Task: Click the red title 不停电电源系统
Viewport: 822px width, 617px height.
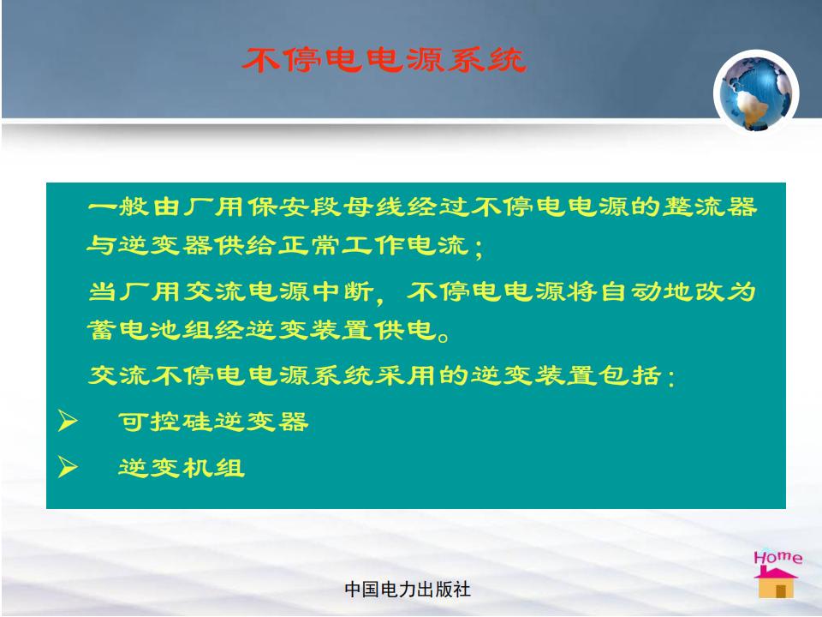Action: point(384,59)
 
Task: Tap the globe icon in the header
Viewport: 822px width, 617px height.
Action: point(756,93)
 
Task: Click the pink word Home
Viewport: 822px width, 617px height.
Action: point(778,557)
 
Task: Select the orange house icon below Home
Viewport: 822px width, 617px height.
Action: point(777,583)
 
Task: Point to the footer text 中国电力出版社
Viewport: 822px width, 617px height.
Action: point(408,590)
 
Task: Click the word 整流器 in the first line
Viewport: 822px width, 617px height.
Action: point(710,207)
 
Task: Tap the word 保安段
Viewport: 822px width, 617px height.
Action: point(295,207)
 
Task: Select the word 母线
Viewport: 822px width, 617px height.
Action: point(374,207)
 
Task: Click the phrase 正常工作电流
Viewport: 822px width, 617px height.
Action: point(373,245)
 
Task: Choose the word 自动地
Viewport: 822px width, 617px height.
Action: point(647,291)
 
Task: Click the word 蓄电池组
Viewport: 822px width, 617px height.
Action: point(150,330)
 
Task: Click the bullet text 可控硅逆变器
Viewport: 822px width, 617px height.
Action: point(213,422)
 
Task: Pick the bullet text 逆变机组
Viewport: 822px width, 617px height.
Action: point(182,468)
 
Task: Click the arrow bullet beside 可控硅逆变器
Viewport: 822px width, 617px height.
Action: point(68,421)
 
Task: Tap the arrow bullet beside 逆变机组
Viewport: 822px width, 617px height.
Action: point(68,467)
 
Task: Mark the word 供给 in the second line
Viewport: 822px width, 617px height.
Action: point(247,245)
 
